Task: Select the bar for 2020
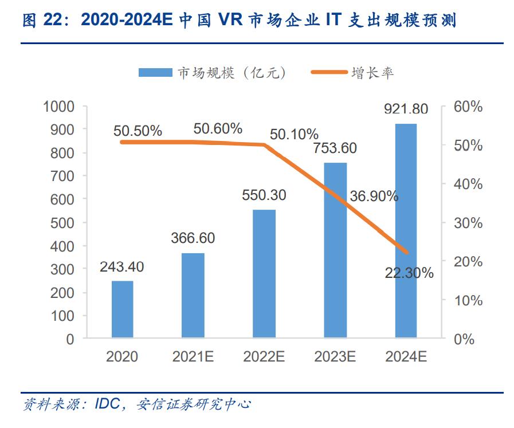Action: point(122,309)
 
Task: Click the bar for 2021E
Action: point(193,296)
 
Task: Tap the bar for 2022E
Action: point(264,274)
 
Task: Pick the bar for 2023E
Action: point(335,250)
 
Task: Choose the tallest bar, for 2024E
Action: point(406,231)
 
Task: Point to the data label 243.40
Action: point(121,267)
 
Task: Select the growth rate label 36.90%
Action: point(374,197)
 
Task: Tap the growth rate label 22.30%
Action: point(409,273)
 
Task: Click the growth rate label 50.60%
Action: point(218,129)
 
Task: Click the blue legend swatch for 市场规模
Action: point(155,73)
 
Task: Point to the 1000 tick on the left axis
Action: point(59,107)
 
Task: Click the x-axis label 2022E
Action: point(264,356)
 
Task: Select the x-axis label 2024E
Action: point(406,356)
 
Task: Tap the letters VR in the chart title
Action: point(231,21)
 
